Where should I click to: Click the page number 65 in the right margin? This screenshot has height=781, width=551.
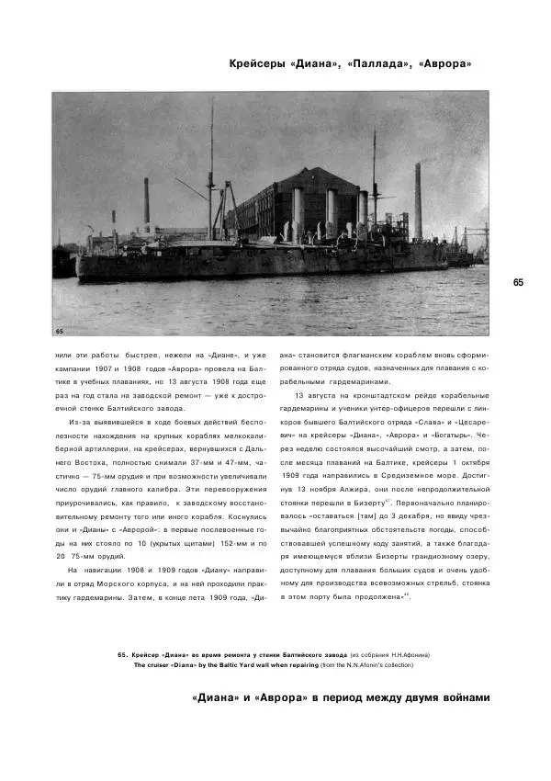pyautogui.click(x=518, y=282)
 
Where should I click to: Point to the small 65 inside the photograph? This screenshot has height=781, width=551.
pyautogui.click(x=60, y=330)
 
